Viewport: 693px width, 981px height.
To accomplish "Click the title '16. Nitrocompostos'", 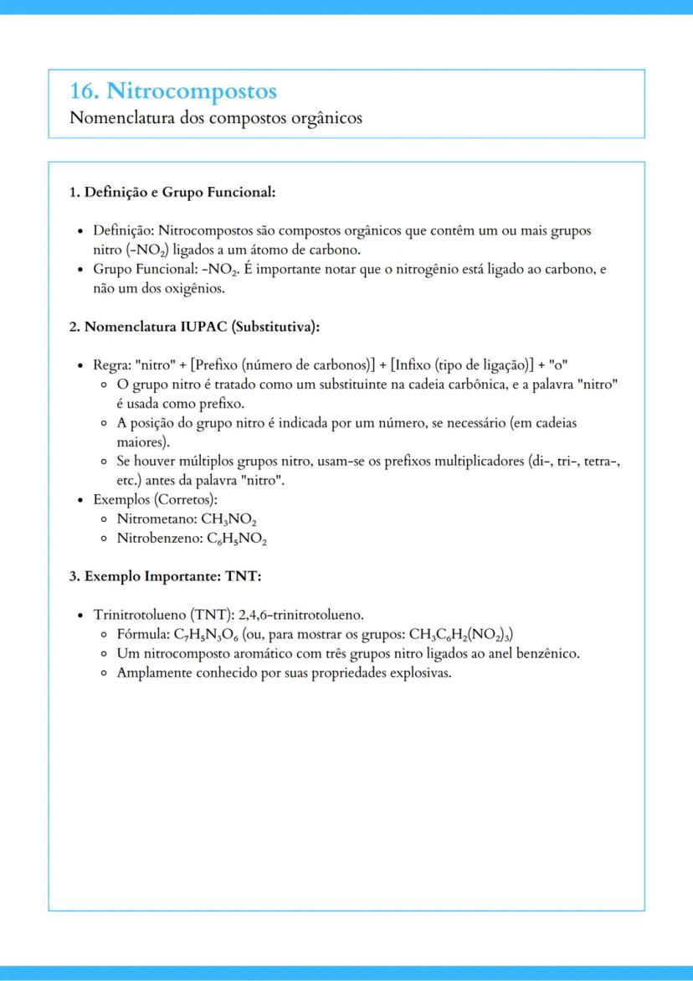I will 173,90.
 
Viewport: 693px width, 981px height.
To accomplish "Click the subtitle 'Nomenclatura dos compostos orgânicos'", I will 216,118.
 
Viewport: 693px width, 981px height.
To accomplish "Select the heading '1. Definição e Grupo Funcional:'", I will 172,193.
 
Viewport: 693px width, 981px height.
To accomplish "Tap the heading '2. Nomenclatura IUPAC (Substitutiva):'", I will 195,327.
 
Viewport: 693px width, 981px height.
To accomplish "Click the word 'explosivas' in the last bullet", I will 421,673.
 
